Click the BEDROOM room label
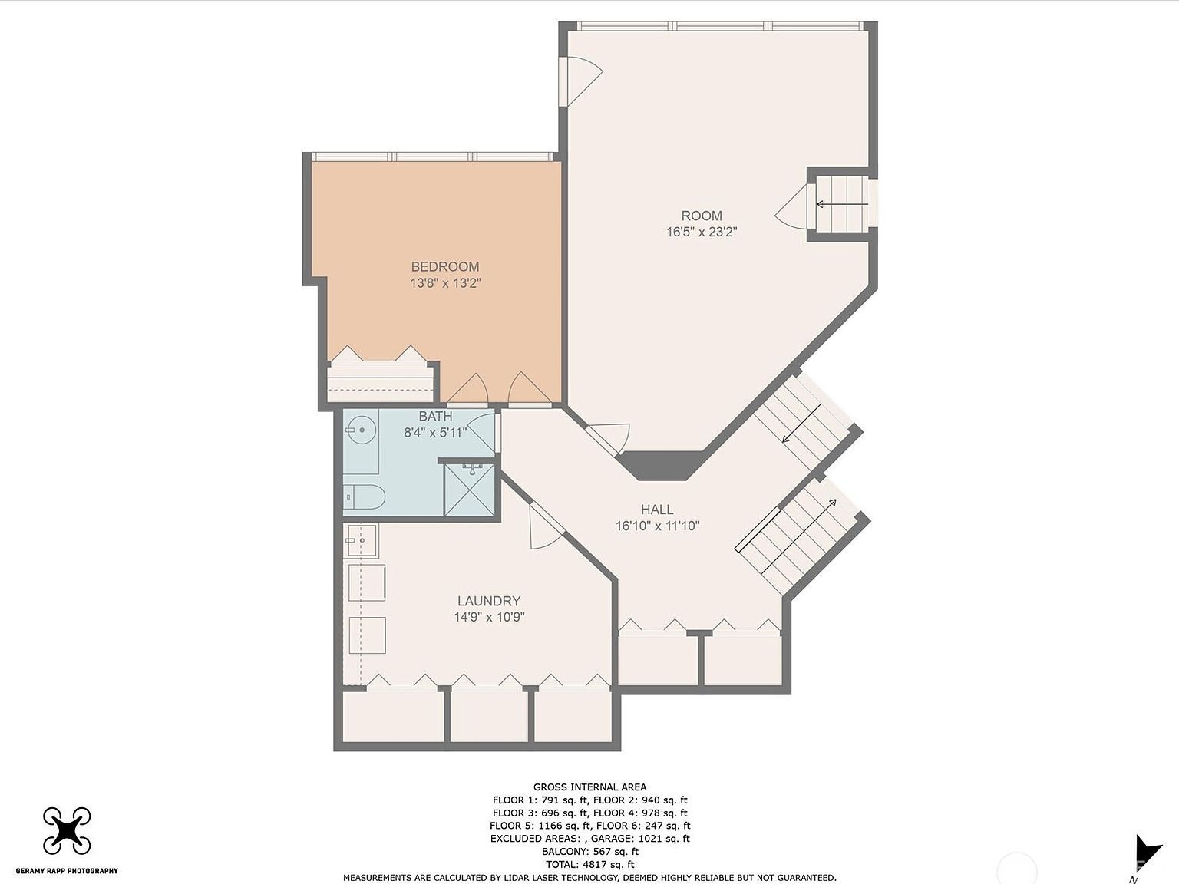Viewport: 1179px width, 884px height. [444, 267]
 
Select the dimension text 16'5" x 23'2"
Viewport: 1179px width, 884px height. [702, 232]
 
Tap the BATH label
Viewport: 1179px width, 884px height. [435, 417]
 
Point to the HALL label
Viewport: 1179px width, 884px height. [657, 510]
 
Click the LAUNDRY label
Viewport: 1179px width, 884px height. [489, 602]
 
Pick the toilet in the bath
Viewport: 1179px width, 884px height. [364, 497]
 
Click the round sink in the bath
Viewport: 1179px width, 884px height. [360, 430]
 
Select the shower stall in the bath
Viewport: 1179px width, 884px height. [468, 489]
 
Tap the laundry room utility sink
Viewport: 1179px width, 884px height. [361, 541]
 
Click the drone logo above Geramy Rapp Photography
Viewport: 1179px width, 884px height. [67, 830]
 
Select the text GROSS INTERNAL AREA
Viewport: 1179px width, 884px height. [589, 787]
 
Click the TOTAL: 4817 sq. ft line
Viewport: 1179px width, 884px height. [589, 865]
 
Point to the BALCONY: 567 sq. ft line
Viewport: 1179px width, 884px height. [589, 852]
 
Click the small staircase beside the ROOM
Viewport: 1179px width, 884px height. [841, 204]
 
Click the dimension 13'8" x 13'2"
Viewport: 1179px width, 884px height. [445, 283]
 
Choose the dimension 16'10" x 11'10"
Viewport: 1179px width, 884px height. [657, 526]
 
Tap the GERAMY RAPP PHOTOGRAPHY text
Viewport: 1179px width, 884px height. [67, 871]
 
